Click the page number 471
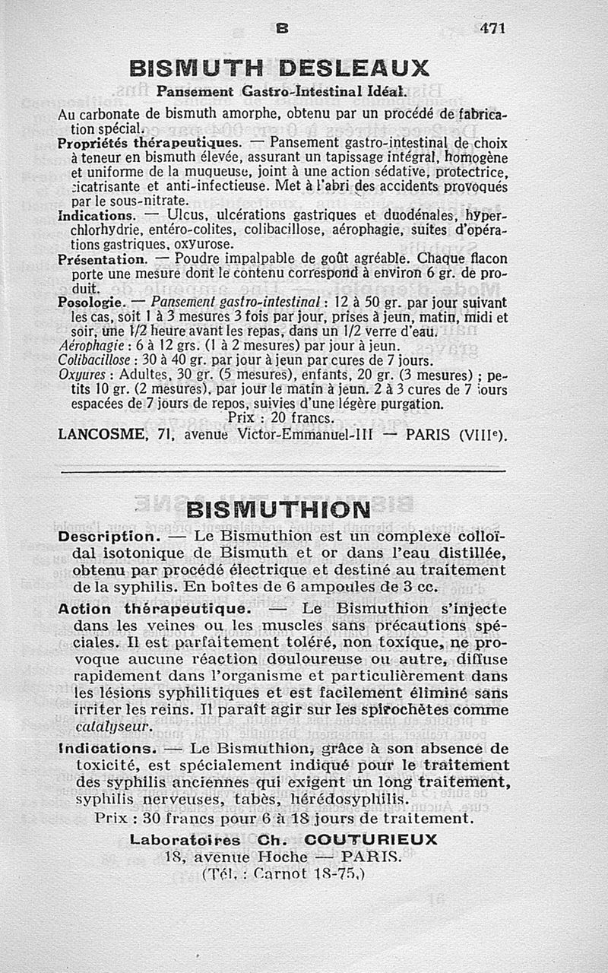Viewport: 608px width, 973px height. (492, 27)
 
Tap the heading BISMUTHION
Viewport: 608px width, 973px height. (278, 509)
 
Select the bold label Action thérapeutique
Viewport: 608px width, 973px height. (153, 609)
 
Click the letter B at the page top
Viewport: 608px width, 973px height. (282, 27)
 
